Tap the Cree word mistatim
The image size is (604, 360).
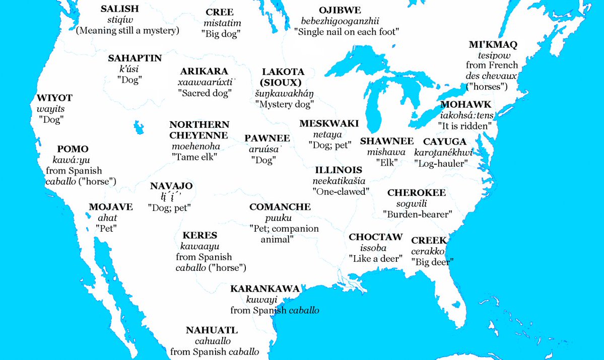pos(223,23)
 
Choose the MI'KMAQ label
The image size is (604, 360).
pos(493,45)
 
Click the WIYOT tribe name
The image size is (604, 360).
pos(54,98)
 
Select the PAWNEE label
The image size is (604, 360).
pos(267,138)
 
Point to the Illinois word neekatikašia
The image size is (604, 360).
pos(340,180)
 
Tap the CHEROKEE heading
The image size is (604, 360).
pos(416,193)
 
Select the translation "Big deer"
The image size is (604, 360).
pos(433,262)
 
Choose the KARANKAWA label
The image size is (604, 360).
pos(264,289)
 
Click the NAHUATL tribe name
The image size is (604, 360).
pos(212,330)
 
